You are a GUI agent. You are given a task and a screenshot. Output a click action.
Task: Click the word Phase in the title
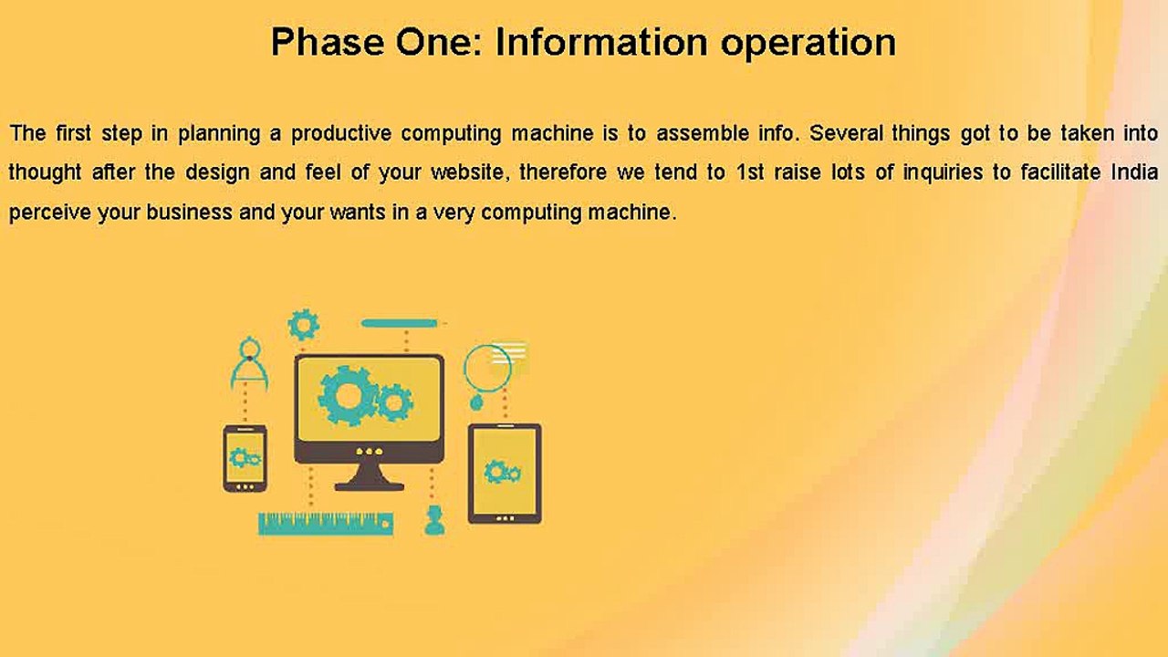click(x=328, y=42)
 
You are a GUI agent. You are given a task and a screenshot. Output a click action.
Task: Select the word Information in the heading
click(x=601, y=42)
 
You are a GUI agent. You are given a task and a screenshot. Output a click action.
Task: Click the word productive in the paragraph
click(x=341, y=134)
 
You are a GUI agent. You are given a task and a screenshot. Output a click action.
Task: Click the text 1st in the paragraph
click(x=750, y=172)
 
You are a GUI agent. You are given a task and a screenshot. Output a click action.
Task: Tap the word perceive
click(x=50, y=214)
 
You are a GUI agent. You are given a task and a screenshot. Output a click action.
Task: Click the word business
click(x=189, y=213)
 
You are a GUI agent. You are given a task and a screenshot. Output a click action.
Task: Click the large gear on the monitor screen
click(x=348, y=396)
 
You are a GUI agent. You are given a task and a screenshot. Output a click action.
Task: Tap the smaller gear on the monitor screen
click(x=395, y=403)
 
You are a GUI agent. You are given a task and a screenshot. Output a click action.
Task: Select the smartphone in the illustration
click(x=245, y=458)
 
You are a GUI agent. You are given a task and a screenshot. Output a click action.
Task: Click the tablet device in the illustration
click(x=505, y=474)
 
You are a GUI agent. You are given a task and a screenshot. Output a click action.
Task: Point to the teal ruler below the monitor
click(x=326, y=524)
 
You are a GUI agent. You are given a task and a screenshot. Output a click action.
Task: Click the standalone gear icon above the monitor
click(x=304, y=325)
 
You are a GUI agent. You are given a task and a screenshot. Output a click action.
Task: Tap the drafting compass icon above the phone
click(x=250, y=363)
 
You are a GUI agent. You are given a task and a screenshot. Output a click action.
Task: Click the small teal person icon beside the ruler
click(x=434, y=520)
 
